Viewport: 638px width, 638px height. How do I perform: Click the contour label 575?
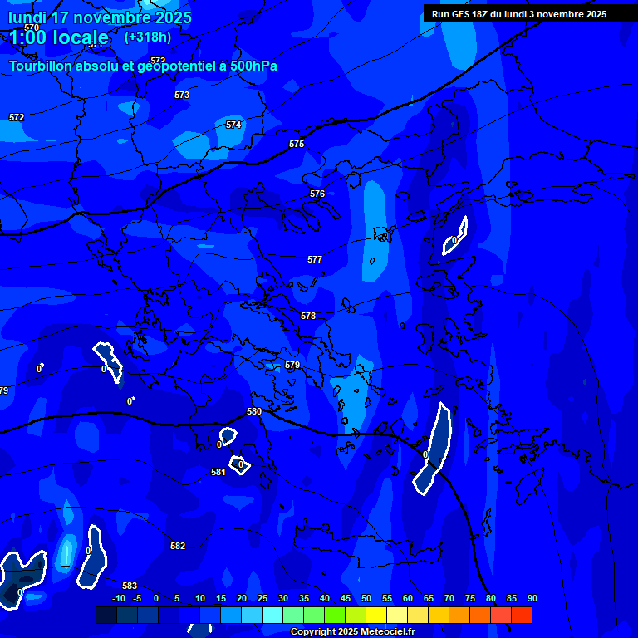pos(297,145)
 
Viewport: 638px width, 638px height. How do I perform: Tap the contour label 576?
pos(317,194)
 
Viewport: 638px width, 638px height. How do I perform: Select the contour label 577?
pos(315,260)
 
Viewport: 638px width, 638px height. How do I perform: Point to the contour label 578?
pos(308,317)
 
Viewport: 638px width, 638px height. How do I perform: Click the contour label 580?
pos(254,412)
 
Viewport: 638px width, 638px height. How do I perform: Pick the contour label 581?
pos(218,472)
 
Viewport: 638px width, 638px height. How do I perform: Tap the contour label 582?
pos(178,546)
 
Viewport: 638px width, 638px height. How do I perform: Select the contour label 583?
pos(130,586)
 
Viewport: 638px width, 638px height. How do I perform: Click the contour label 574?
pos(233,125)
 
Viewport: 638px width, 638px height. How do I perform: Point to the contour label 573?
pos(182,96)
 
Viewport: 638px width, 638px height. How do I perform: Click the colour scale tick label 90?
pos(532,598)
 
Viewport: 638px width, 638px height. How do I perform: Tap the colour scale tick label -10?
pos(119,598)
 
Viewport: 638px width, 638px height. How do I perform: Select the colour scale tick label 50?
pos(366,598)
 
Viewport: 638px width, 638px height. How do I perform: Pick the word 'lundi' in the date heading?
pos(26,17)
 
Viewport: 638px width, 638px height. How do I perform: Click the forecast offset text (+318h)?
pos(148,37)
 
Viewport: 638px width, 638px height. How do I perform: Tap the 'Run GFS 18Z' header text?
pos(465,14)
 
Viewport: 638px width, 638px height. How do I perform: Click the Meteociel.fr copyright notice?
pos(352,631)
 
